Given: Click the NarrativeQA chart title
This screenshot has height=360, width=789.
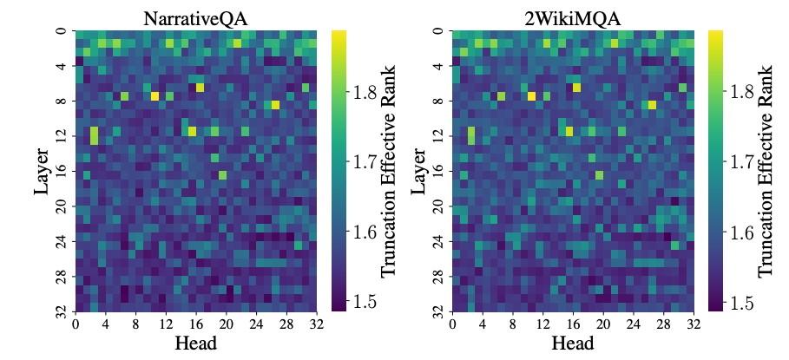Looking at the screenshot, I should [x=198, y=16].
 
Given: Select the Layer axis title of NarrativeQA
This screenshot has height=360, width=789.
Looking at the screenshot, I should [x=43, y=171].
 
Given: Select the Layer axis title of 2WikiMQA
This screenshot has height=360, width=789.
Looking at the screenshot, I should [x=420, y=171].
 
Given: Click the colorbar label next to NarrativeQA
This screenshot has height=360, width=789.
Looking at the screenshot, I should [x=388, y=171].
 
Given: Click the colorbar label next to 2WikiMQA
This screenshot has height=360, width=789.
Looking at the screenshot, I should [x=766, y=171].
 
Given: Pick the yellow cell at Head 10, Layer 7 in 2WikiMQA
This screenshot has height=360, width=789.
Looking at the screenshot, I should [x=531, y=96].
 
